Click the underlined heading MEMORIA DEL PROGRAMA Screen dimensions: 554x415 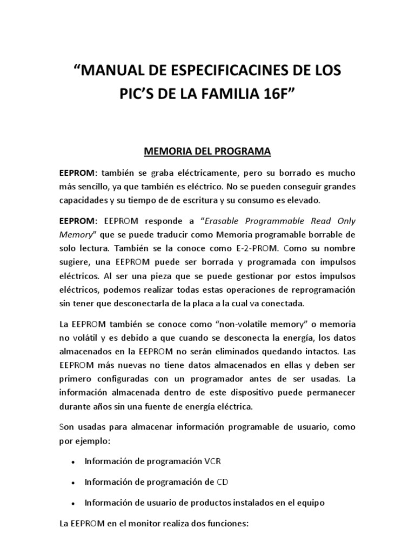207,151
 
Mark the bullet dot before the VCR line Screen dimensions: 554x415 73,463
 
